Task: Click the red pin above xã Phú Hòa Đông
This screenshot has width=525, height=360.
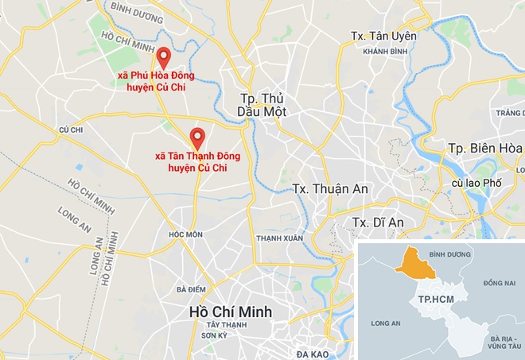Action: click(x=162, y=57)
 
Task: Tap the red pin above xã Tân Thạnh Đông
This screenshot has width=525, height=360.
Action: click(x=196, y=136)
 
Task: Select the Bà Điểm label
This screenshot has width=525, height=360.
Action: click(x=192, y=289)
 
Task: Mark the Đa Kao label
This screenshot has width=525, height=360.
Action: click(x=313, y=352)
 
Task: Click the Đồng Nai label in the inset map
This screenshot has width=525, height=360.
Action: click(x=499, y=283)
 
